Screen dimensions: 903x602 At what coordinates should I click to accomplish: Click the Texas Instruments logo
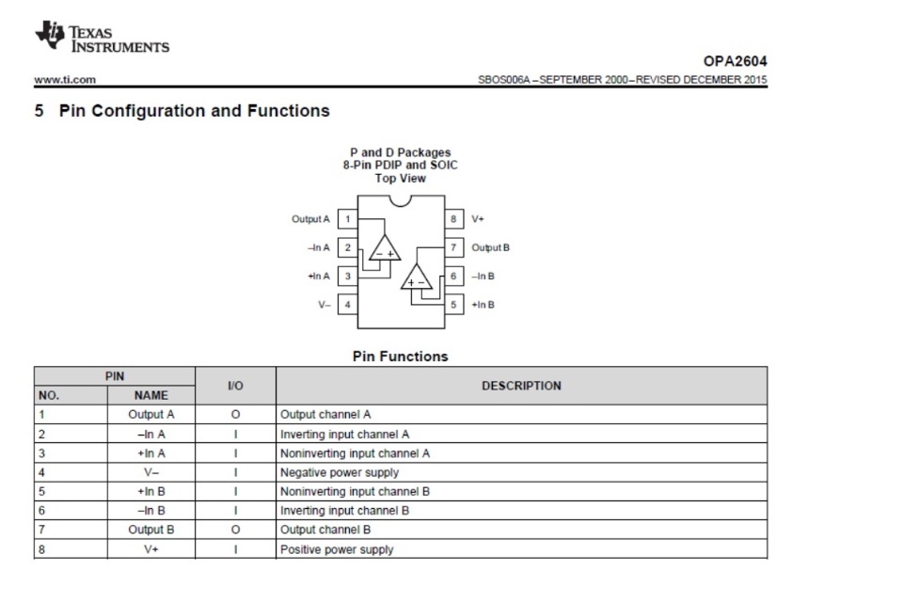(x=102, y=38)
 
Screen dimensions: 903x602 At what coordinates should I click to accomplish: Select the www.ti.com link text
(x=65, y=80)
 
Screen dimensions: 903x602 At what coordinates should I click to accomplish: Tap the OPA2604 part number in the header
(x=735, y=61)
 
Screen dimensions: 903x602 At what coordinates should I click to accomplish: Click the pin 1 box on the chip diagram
(x=347, y=219)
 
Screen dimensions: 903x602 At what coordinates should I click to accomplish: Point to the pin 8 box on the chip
(x=453, y=219)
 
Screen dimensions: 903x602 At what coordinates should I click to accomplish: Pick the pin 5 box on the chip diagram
(x=453, y=305)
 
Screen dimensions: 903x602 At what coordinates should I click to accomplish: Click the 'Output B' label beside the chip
(x=491, y=247)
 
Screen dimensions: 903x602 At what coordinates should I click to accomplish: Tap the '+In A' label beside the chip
(x=319, y=276)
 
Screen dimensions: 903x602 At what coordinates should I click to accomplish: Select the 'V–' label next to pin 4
(x=325, y=305)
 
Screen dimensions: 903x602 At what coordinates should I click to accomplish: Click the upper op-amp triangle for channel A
(x=385, y=248)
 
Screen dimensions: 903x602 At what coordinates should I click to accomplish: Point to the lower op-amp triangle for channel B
(x=417, y=277)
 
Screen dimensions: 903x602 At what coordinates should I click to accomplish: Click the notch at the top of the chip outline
(x=401, y=200)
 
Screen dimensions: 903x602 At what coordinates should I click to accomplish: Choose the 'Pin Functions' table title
(x=401, y=356)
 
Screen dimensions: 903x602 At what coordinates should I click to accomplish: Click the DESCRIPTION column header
(x=521, y=386)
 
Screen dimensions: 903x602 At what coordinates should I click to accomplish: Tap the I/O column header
(x=235, y=386)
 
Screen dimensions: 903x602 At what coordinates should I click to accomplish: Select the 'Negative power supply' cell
(x=340, y=473)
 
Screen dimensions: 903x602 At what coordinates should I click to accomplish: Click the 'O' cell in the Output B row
(x=235, y=530)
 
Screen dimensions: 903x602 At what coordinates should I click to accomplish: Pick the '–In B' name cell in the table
(x=150, y=511)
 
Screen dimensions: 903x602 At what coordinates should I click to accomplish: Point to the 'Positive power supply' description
(x=337, y=549)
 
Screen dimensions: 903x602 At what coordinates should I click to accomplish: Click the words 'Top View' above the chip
(x=401, y=179)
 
